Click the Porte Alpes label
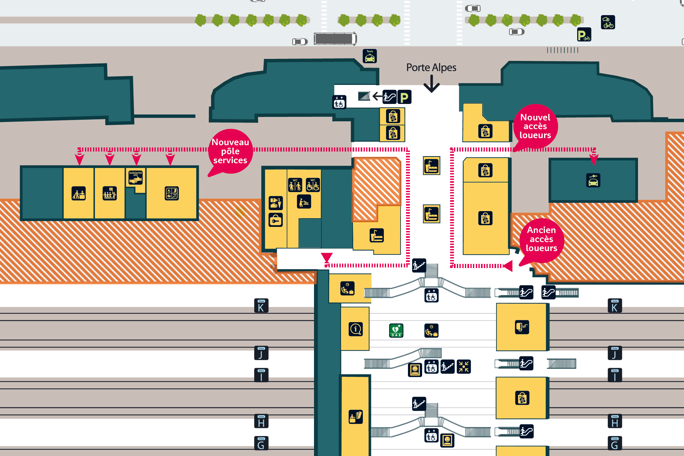pyautogui.click(x=431, y=68)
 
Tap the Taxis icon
pyautogui.click(x=370, y=56)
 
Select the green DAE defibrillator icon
pyautogui.click(x=396, y=330)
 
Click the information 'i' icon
pyautogui.click(x=356, y=329)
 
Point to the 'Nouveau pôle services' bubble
pyautogui.click(x=230, y=151)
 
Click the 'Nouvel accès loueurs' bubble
pyautogui.click(x=535, y=126)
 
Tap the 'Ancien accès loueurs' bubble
pyautogui.click(x=541, y=239)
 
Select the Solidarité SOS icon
pyautogui.click(x=135, y=178)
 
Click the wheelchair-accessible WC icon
pyautogui.click(x=313, y=185)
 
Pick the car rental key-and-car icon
pyautogui.click(x=593, y=181)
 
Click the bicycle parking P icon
pyautogui.click(x=584, y=35)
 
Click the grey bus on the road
pyautogui.click(x=335, y=39)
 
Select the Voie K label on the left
pyautogui.click(x=261, y=306)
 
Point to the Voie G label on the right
pyautogui.click(x=615, y=443)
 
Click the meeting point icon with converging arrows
pyautogui.click(x=464, y=367)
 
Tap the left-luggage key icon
pyautogui.click(x=276, y=220)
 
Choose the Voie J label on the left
pyautogui.click(x=261, y=353)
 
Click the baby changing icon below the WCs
pyautogui.click(x=304, y=202)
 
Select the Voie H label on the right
pyautogui.click(x=615, y=422)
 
